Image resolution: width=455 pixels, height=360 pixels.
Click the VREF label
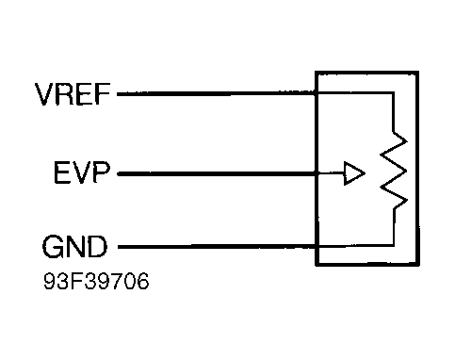coord(72,95)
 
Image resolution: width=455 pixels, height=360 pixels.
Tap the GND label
coord(74,249)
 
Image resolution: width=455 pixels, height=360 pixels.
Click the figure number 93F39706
coord(95,281)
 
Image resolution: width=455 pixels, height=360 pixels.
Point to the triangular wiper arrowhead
coord(352,173)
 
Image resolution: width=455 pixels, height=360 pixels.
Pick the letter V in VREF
coord(44,95)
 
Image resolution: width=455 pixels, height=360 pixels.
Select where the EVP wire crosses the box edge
coord(317,173)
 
